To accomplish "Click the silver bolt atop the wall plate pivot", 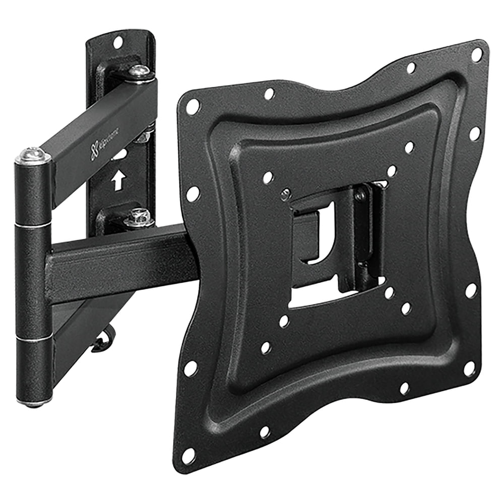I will [x=139, y=72].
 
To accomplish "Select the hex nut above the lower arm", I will [x=139, y=218].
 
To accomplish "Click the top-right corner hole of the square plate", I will [x=476, y=54].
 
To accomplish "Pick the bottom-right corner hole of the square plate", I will [x=469, y=368].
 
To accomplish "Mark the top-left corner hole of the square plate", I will [x=193, y=106].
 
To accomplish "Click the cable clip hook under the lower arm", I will [x=105, y=343].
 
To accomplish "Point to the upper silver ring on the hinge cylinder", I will [x=33, y=225].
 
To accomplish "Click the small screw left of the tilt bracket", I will [x=285, y=194].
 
